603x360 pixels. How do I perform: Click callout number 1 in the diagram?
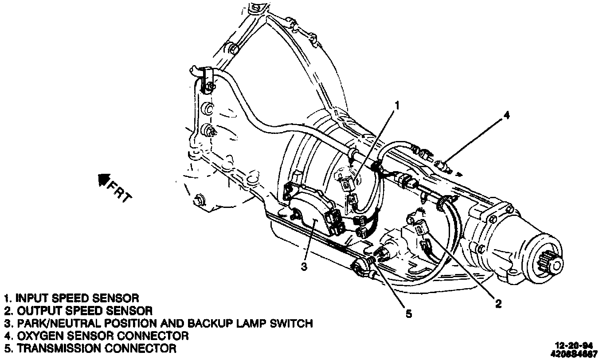pos(397,106)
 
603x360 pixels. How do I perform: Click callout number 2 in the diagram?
pos(498,303)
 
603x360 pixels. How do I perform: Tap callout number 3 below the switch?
pos(304,266)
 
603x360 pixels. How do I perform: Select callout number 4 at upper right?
pos(506,116)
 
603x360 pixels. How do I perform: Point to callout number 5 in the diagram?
pos(408,313)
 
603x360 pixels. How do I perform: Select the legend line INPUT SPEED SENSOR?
pos(72,297)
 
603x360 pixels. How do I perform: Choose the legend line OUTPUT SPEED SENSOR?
pos(78,310)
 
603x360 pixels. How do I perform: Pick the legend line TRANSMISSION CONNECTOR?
pos(90,348)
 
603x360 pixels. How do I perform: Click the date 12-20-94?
pos(575,345)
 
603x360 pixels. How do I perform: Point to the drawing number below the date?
pos(575,353)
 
